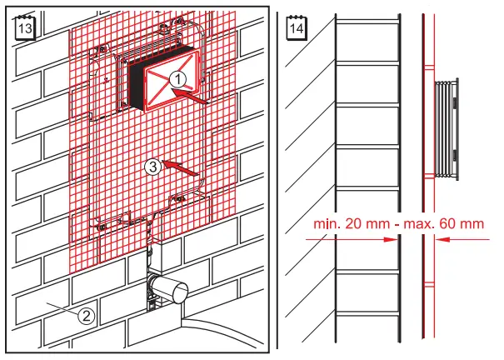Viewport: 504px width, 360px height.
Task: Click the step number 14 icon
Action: pos(295,27)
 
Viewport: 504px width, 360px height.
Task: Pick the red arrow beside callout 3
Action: pos(182,169)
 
